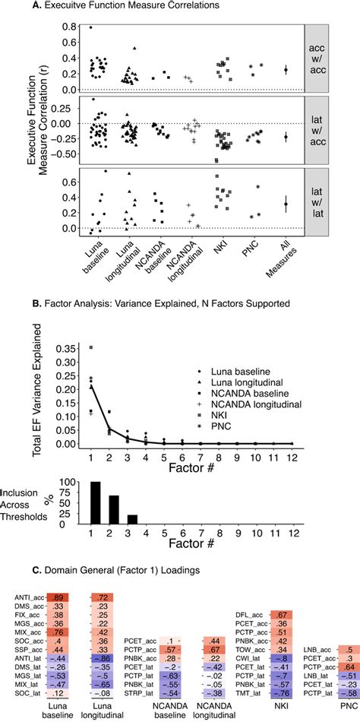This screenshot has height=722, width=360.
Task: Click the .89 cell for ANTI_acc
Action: click(x=58, y=598)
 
